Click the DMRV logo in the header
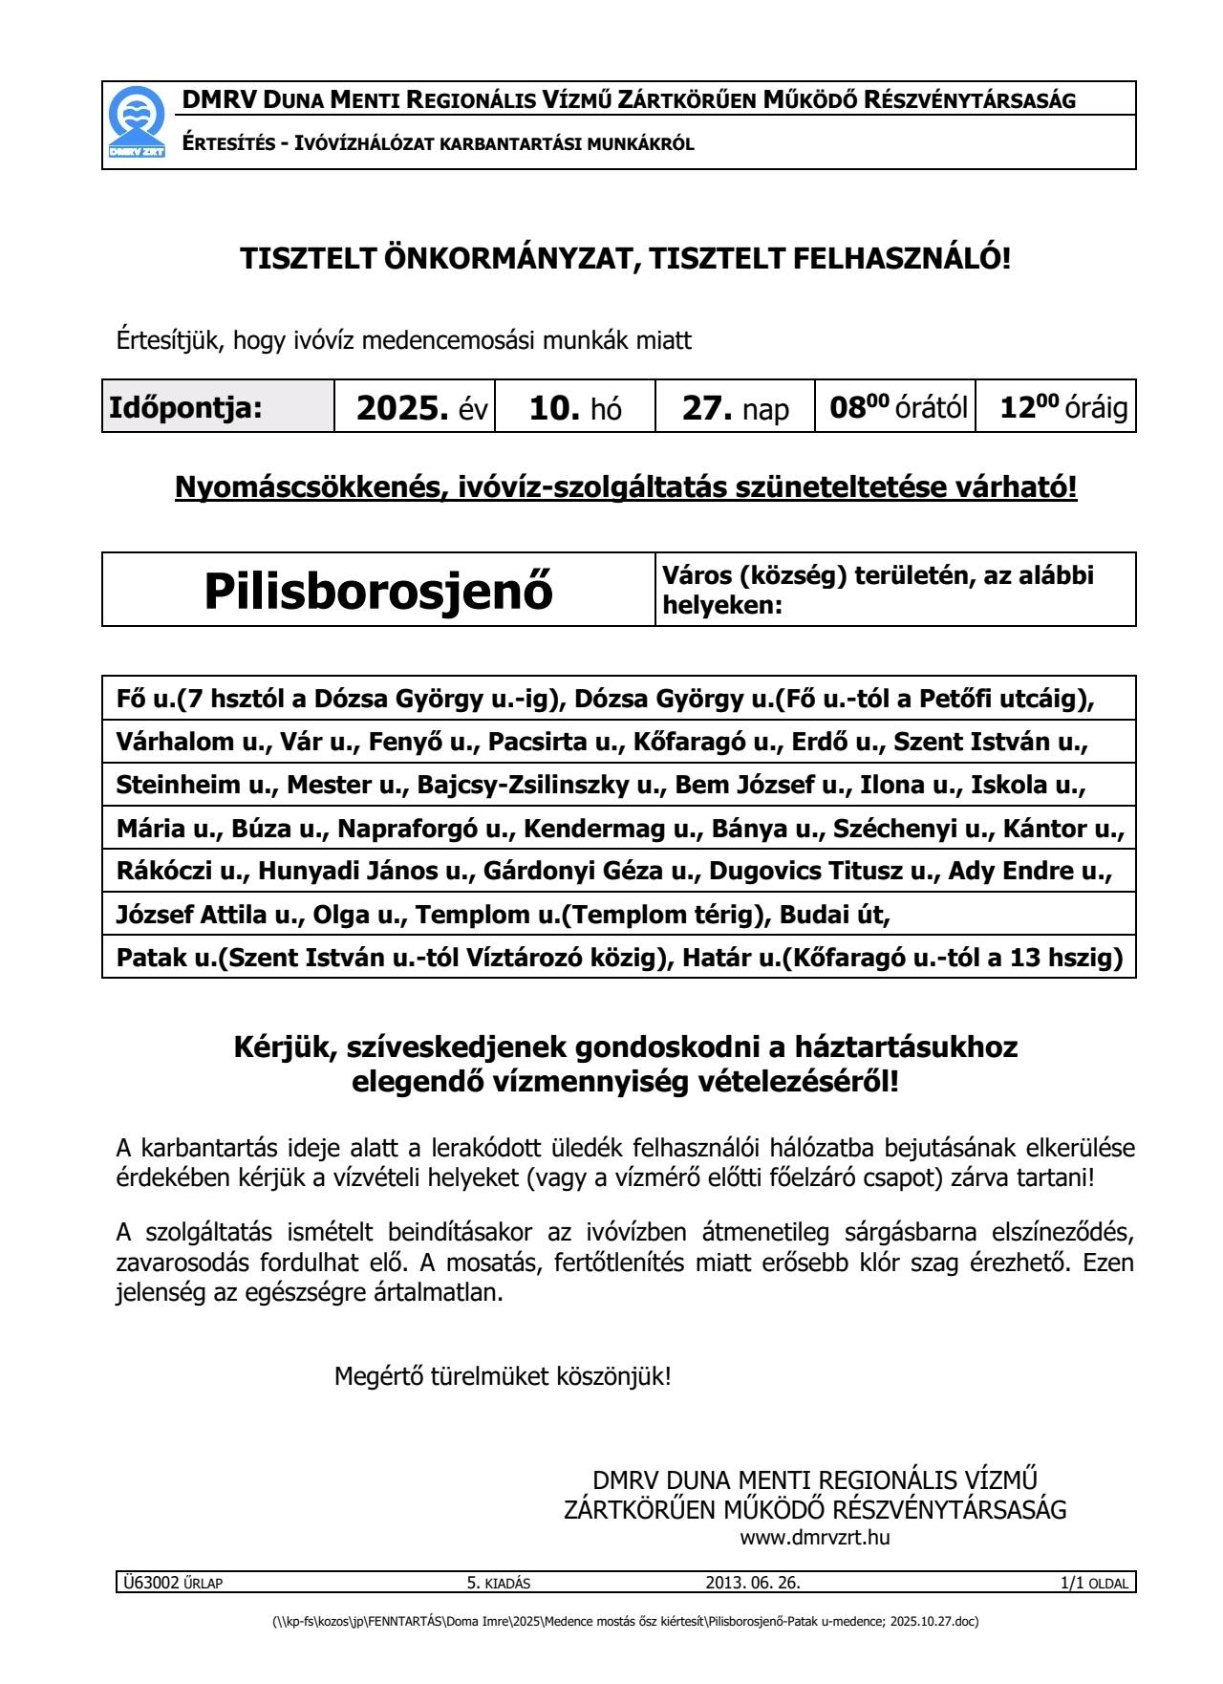click(134, 124)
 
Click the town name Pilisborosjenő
click(378, 591)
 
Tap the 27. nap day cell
click(735, 408)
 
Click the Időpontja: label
click(185, 408)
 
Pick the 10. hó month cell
click(575, 408)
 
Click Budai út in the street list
click(834, 916)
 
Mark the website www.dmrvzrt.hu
click(815, 1538)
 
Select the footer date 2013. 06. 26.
click(753, 1583)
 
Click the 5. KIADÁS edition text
click(498, 1583)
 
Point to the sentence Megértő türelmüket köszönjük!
click(503, 1377)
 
